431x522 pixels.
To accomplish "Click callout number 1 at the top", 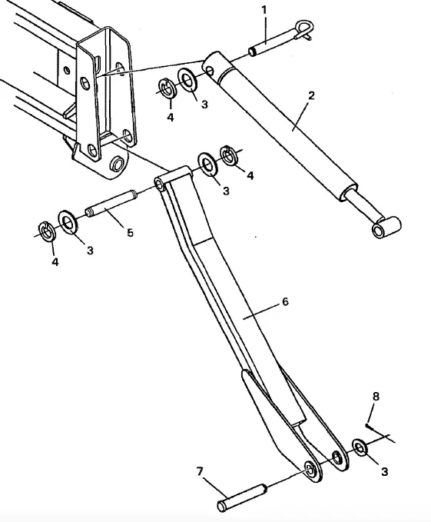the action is pyautogui.click(x=264, y=10).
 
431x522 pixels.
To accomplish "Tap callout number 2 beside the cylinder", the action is pyautogui.click(x=311, y=96).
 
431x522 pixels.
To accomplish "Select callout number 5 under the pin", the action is pyautogui.click(x=130, y=232).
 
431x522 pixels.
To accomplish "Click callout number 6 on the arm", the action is pyautogui.click(x=285, y=301).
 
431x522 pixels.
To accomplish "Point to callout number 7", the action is pyautogui.click(x=200, y=471).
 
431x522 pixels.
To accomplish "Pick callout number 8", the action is pyautogui.click(x=376, y=396).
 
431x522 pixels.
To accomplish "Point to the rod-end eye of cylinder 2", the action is pyautogui.click(x=386, y=227).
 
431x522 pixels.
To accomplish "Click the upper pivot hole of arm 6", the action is pyautogui.click(x=161, y=184).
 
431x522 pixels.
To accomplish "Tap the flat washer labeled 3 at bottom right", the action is pyautogui.click(x=360, y=447).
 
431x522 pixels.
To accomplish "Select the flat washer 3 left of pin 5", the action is pyautogui.click(x=68, y=221).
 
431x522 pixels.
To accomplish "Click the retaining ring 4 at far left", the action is pyautogui.click(x=47, y=231).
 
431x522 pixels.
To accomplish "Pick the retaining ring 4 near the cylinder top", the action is pyautogui.click(x=167, y=88).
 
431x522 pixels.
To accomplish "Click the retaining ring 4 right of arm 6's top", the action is pyautogui.click(x=230, y=156).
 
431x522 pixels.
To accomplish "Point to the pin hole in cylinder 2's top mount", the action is pyautogui.click(x=209, y=70).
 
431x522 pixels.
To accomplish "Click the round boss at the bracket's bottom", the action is pyautogui.click(x=117, y=164).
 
